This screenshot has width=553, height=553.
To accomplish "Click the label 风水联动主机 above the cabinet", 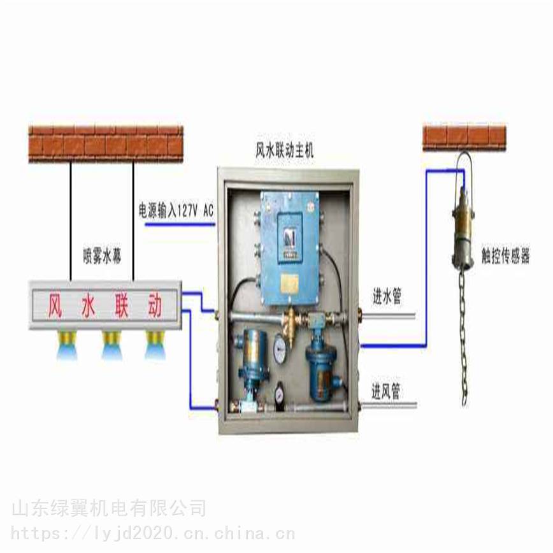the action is [x=284, y=150].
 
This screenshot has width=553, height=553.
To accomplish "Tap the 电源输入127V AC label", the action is [x=176, y=210].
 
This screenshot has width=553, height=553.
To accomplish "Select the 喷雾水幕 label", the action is [x=103, y=255].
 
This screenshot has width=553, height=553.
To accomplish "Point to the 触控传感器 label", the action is [x=505, y=255].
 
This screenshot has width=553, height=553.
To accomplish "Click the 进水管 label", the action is [x=387, y=296].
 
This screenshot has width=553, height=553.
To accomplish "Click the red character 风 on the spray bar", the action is [x=55, y=305].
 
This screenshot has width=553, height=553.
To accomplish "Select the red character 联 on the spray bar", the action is [x=122, y=305].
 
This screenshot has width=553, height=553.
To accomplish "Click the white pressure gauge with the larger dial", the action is [x=280, y=348].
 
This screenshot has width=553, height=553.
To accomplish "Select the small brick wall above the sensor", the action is [x=464, y=137].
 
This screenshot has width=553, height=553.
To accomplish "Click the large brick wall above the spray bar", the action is [x=106, y=144].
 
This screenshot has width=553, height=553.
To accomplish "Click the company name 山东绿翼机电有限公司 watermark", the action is [x=109, y=508].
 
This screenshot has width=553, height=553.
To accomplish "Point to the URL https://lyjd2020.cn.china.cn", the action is [x=153, y=533].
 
